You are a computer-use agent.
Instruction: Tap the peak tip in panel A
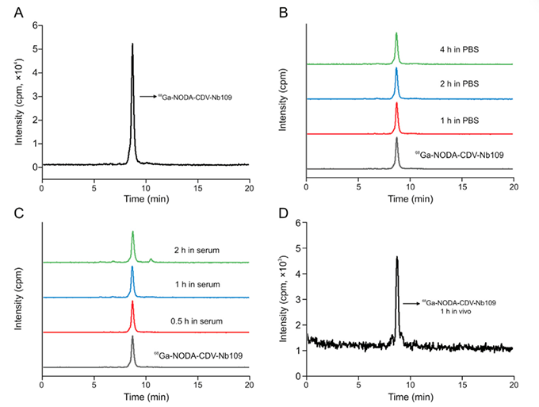click(x=132, y=44)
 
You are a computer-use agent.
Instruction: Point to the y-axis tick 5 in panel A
click(x=35, y=49)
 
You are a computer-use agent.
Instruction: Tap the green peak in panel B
click(x=396, y=34)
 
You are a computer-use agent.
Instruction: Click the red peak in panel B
click(x=396, y=104)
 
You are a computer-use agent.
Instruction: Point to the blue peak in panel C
click(x=132, y=268)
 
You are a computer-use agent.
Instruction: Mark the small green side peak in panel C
click(x=151, y=259)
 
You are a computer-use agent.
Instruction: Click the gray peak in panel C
click(x=132, y=337)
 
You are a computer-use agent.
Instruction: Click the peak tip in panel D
click(x=396, y=257)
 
